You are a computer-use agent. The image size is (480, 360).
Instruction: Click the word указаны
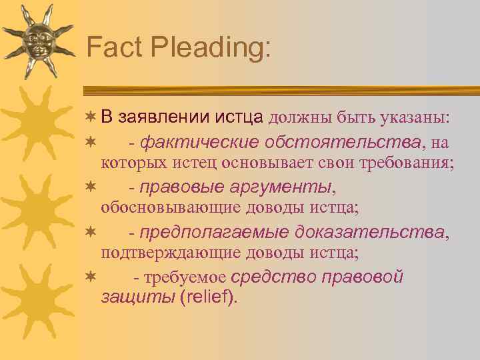pos(415,119)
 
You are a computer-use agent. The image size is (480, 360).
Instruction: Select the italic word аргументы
pos(279,187)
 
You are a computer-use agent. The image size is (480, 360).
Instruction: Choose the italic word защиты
pos(137,297)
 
